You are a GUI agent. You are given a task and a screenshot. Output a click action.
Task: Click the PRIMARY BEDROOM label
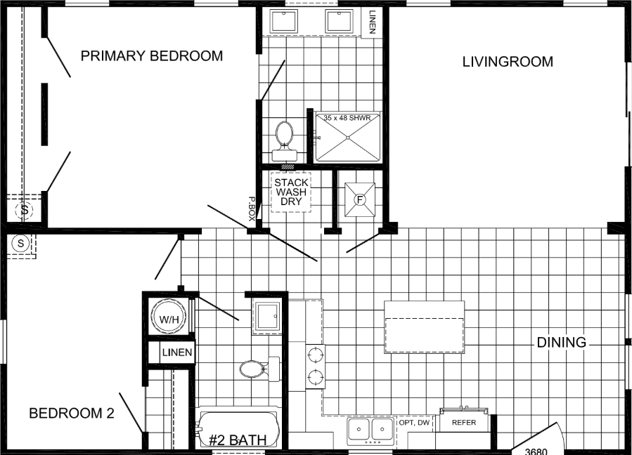tap(151, 56)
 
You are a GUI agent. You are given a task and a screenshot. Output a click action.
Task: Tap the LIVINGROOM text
tap(507, 62)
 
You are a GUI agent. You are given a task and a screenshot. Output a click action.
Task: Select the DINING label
tap(561, 343)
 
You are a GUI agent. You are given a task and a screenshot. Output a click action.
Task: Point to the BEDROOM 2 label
tap(71, 414)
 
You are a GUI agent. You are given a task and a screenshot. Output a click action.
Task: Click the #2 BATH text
tap(238, 441)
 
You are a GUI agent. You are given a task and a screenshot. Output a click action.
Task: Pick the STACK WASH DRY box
tap(291, 192)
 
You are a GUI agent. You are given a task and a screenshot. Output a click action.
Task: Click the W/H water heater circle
tap(169, 319)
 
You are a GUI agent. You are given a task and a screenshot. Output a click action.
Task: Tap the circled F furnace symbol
tap(360, 199)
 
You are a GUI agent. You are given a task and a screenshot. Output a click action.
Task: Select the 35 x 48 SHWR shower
tap(347, 136)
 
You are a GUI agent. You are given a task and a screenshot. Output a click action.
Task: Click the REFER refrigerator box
tap(464, 423)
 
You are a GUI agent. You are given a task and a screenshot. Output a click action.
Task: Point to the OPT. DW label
tap(414, 423)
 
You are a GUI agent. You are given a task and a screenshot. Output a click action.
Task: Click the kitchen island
tap(424, 327)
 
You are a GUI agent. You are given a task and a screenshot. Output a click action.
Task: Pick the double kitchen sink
tap(370, 429)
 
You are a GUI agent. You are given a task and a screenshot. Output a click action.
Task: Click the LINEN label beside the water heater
tap(176, 352)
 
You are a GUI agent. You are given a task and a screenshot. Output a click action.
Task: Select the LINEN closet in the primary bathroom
tap(372, 20)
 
